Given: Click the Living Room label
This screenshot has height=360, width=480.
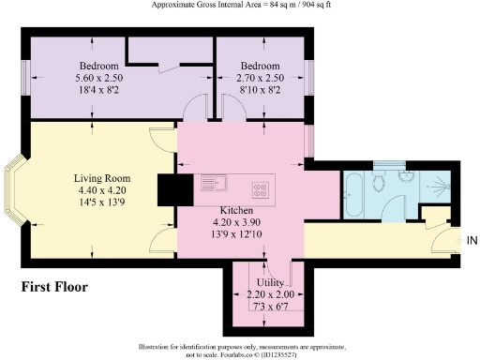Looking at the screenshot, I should (x=102, y=177).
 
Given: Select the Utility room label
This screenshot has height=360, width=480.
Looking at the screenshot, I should (x=271, y=281).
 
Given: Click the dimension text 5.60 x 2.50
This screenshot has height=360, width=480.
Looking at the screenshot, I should (x=103, y=79).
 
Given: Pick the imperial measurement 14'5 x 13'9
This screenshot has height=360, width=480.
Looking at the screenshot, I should (x=102, y=202).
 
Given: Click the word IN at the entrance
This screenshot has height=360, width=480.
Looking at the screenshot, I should (x=472, y=241).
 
